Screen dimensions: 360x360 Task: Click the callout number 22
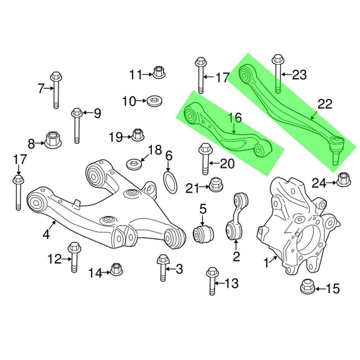click(x=325, y=104)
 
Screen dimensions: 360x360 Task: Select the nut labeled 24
click(x=343, y=180)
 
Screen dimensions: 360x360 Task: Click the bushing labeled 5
click(x=204, y=233)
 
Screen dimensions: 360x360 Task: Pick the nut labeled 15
click(x=307, y=287)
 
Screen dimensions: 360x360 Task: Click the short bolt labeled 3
click(x=163, y=268)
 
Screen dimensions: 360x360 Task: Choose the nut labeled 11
click(x=159, y=72)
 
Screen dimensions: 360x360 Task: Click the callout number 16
click(x=234, y=118)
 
